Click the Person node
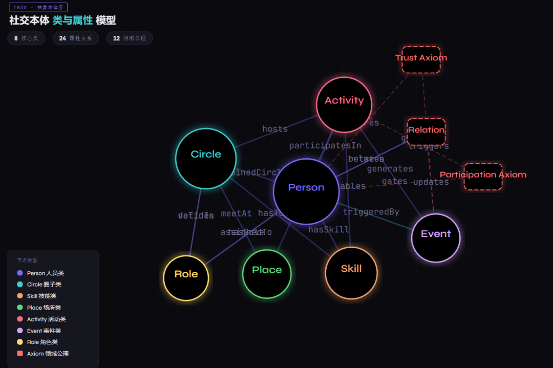306,191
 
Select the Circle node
206,158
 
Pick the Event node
436,237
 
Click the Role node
186,278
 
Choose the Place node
267,273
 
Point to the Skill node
351,272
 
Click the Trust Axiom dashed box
421,59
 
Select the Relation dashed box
426,132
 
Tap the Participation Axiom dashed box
483,177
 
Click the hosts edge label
275,129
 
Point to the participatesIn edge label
325,146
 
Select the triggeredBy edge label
371,212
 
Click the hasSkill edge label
329,230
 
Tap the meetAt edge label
236,213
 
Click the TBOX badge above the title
38,8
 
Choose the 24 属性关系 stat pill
75,38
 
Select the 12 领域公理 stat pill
130,38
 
